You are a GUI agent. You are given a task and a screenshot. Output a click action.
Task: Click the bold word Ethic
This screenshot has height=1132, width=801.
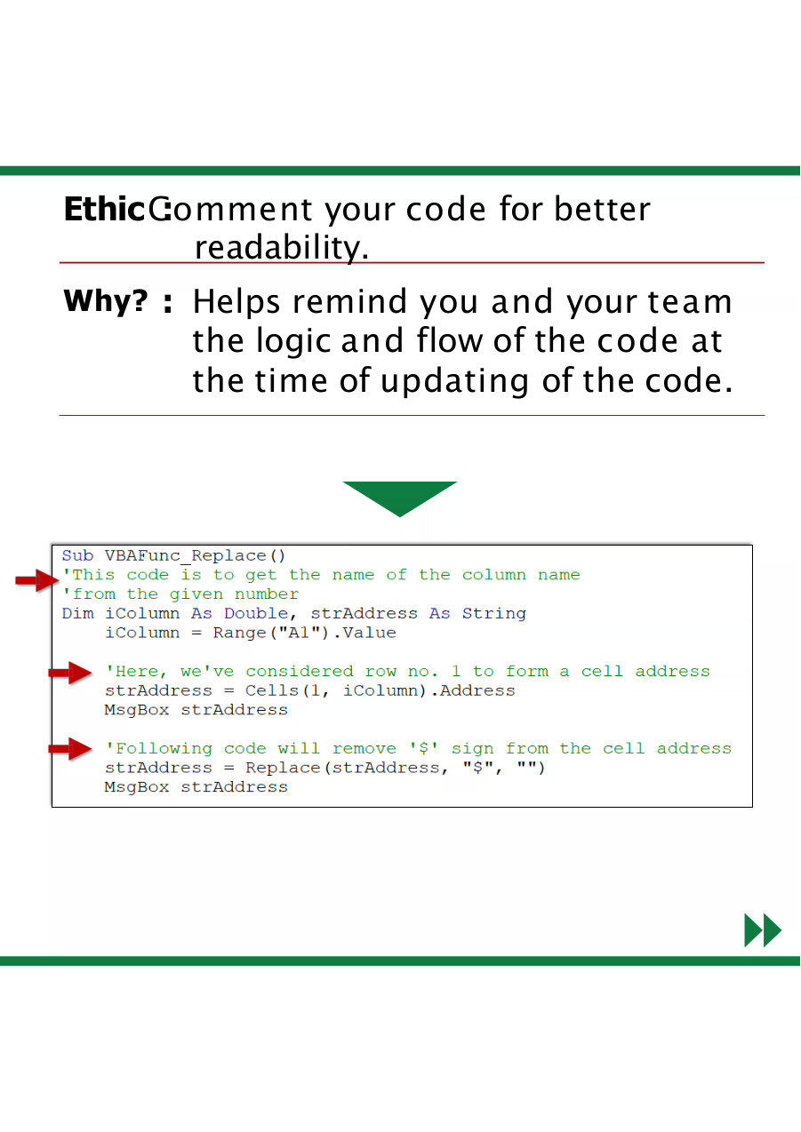click(x=104, y=209)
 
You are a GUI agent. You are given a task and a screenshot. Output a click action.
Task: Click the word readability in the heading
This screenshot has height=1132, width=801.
click(x=281, y=248)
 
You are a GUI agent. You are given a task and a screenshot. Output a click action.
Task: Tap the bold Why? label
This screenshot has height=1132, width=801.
click(x=106, y=300)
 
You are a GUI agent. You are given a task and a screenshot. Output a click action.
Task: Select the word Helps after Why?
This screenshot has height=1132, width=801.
click(x=236, y=302)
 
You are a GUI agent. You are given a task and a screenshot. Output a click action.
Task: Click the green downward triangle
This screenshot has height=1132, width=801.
click(x=399, y=498)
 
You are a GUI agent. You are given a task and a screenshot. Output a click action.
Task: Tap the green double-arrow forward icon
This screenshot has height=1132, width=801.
click(x=763, y=929)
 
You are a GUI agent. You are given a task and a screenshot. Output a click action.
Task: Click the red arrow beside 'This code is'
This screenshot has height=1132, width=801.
click(x=37, y=579)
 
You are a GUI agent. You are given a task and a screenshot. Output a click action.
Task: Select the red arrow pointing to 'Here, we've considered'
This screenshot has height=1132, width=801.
click(x=69, y=673)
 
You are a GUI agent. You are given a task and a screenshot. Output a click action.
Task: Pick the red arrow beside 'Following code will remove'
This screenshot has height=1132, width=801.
click(x=69, y=748)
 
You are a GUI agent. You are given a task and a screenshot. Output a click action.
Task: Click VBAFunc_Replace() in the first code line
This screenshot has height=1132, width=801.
click(x=196, y=556)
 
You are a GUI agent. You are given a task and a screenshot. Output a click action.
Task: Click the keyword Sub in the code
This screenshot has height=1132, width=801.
click(x=77, y=555)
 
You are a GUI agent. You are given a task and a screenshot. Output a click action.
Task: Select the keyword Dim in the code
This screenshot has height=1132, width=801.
click(x=77, y=613)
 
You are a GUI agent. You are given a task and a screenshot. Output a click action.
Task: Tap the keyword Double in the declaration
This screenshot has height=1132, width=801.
click(x=256, y=613)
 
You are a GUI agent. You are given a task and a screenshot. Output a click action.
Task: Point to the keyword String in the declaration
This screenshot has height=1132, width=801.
click(x=494, y=614)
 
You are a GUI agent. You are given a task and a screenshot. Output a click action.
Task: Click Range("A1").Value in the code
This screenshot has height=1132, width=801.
click(x=304, y=633)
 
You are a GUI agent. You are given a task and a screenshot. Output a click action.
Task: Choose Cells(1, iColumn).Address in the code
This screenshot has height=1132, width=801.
click(x=380, y=690)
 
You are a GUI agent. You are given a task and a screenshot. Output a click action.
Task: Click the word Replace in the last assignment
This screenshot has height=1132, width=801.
click(x=283, y=768)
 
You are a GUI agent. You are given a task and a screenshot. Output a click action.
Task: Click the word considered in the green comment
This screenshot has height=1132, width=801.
click(x=300, y=672)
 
